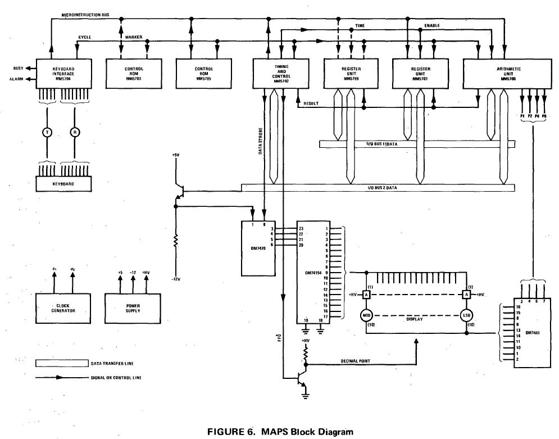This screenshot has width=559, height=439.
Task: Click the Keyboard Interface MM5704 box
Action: [x=56, y=73]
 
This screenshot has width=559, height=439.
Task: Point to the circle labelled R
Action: [x=74, y=132]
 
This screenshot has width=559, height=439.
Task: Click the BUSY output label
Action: [x=18, y=68]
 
